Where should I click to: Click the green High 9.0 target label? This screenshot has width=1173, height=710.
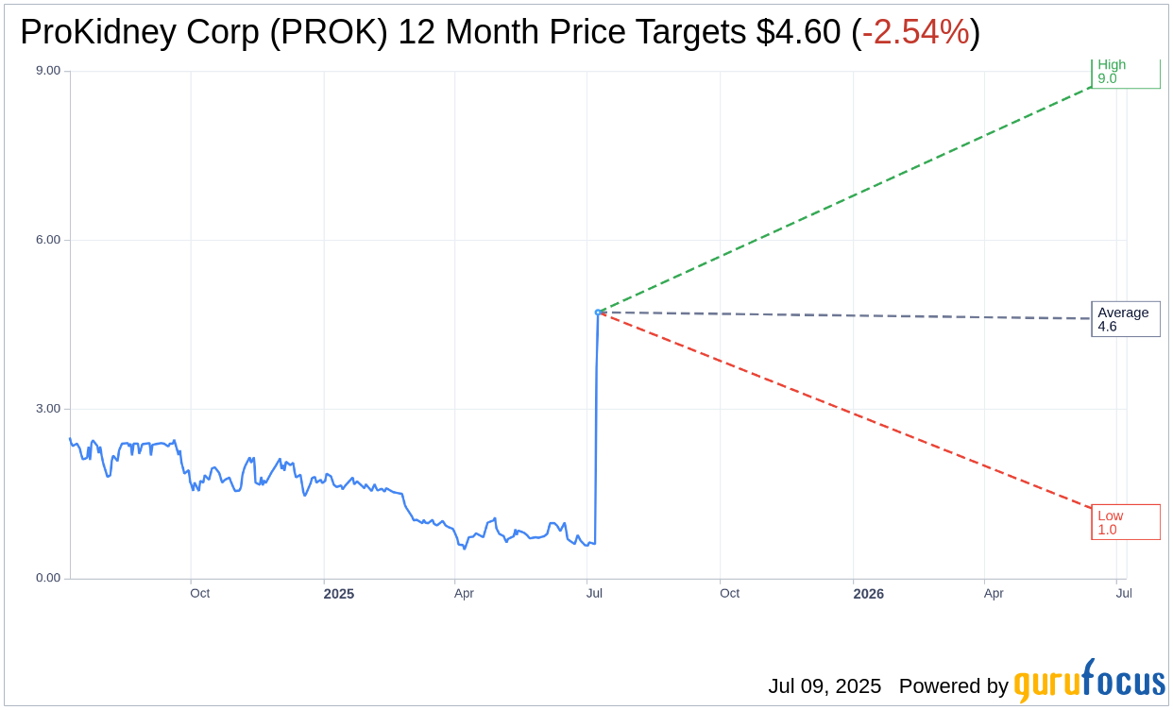pos(1125,73)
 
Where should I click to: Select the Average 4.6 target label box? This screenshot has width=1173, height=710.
pos(1125,319)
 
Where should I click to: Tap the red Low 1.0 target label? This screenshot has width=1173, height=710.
pos(1125,522)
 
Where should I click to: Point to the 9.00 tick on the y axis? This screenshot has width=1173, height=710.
pos(47,71)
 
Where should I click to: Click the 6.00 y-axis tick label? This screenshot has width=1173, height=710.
pos(47,240)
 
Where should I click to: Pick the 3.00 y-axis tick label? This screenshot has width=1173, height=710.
pos(47,409)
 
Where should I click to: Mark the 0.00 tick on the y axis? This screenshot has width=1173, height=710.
pos(47,578)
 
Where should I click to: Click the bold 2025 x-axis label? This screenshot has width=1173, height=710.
pos(339,594)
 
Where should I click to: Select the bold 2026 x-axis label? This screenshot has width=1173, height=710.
pos(868,594)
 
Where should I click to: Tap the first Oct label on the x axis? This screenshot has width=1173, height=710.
pos(199,594)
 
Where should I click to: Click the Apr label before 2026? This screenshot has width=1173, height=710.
pos(464,594)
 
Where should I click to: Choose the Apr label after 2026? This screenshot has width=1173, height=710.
pos(994,594)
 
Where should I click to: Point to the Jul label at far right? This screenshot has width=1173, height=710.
pos(1124,594)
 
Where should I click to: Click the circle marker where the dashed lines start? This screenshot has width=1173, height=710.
pos(598,312)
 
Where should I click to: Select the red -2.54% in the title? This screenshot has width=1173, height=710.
pos(915,33)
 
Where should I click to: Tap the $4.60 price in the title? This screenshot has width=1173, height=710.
pos(798,33)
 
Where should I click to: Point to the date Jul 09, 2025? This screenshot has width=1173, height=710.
pos(824,686)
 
